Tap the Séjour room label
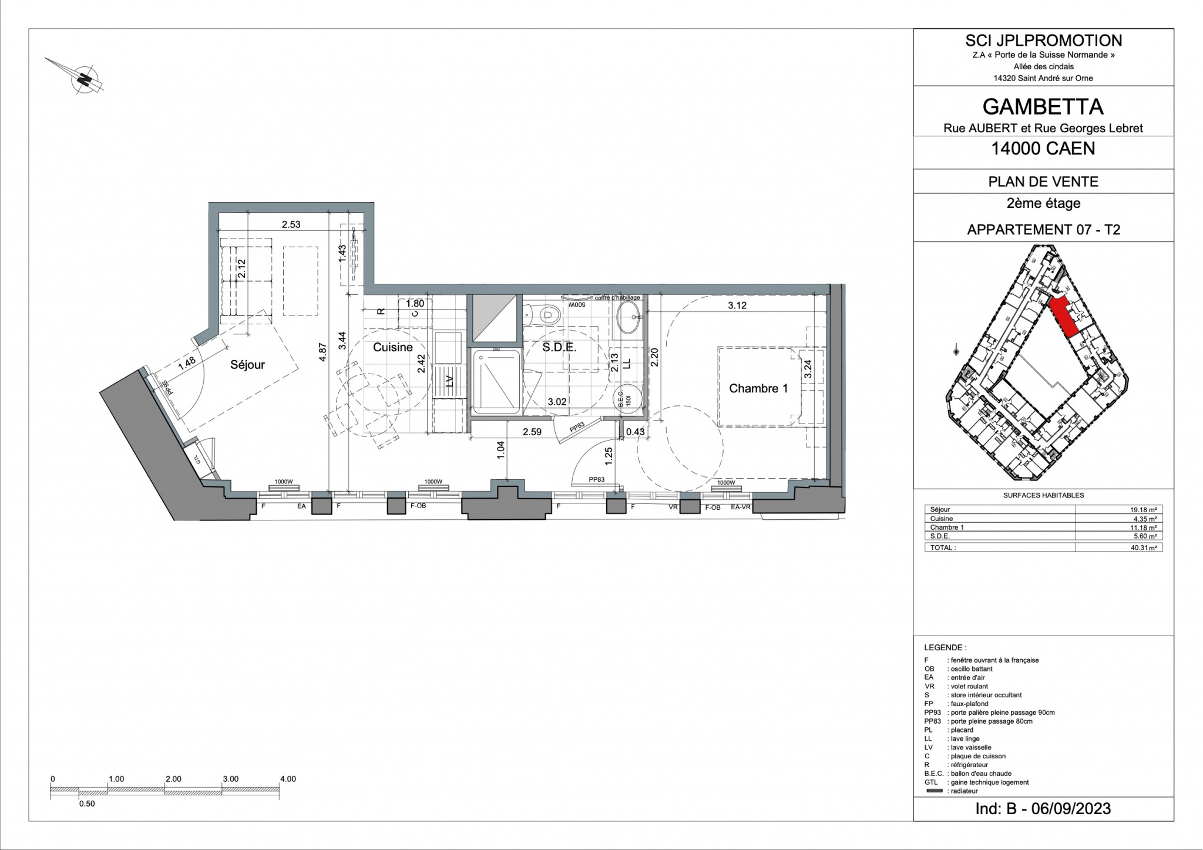tap(247, 365)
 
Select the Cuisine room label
tap(393, 347)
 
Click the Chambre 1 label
tap(758, 388)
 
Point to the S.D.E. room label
tap(559, 347)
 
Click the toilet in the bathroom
tap(546, 315)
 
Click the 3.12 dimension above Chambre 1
tap(737, 305)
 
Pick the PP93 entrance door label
tap(166, 387)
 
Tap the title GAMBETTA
tap(1043, 106)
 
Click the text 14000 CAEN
tap(1043, 149)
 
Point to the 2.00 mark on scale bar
tap(173, 779)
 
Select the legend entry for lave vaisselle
tap(970, 747)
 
